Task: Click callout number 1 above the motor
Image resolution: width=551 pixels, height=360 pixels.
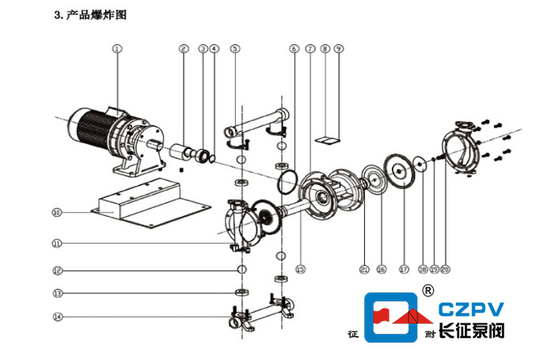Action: click(116, 48)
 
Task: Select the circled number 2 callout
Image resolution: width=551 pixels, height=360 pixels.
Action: click(183, 48)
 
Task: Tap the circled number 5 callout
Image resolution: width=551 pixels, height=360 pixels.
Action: click(234, 48)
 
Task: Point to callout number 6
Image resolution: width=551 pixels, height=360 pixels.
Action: click(294, 48)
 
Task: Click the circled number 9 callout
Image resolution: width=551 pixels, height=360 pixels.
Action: click(339, 48)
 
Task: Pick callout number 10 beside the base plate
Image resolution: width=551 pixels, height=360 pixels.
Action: click(56, 212)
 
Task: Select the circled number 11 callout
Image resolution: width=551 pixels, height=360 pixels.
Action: click(56, 243)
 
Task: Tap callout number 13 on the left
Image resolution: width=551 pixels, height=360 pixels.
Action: click(56, 294)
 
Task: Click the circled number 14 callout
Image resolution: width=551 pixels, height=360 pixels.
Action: click(56, 317)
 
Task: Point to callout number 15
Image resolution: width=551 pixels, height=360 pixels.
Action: click(300, 269)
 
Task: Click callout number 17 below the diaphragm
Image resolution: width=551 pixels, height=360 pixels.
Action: click(403, 269)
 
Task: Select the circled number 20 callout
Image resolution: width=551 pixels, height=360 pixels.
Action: click(445, 269)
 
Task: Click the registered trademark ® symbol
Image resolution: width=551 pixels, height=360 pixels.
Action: click(429, 289)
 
